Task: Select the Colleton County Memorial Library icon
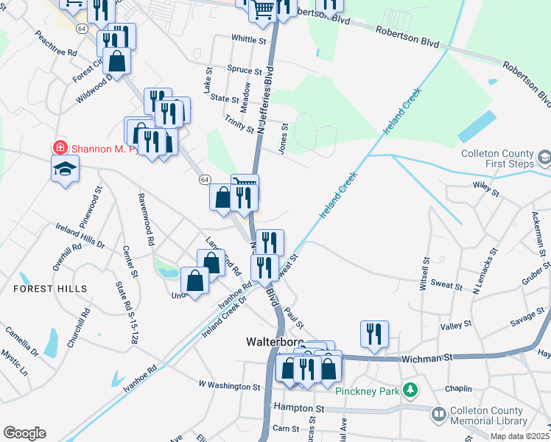[x=439, y=415]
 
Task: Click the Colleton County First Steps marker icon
[x=544, y=157]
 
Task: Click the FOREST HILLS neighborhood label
[x=50, y=289]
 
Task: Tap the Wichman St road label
[x=427, y=359]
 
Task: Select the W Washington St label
[x=230, y=385]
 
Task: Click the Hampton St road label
[x=298, y=407]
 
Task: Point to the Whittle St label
[x=248, y=39]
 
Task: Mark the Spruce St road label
[x=245, y=71]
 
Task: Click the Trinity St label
[x=239, y=119]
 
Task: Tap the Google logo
[x=24, y=433]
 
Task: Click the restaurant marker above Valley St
[x=374, y=333]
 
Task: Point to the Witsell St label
[x=424, y=274]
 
